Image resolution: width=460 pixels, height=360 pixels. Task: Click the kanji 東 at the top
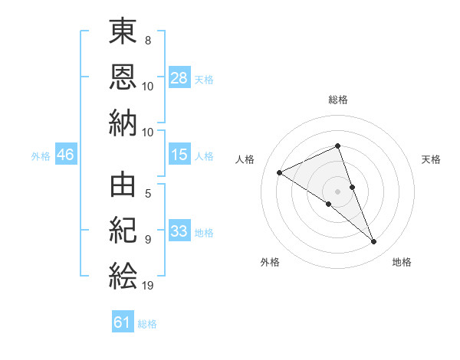(123, 31)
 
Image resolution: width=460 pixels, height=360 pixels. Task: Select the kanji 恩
(123, 77)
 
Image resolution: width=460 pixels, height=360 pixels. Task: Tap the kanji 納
(123, 123)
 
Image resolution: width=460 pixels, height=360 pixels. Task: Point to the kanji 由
(123, 185)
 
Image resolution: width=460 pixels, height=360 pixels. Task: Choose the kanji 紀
(123, 230)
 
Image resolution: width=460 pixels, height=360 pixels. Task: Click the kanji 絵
(123, 276)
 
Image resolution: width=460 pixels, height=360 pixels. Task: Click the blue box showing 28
(179, 77)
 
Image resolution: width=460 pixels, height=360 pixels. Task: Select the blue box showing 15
(179, 154)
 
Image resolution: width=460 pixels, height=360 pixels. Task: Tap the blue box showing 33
(179, 230)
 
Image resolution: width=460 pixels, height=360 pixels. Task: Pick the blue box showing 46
(66, 154)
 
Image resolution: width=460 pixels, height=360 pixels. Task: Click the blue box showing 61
(123, 321)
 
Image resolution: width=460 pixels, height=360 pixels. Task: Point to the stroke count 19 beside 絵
(147, 285)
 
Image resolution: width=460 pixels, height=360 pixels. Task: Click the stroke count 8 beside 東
(148, 40)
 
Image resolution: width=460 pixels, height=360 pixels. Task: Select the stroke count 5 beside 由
(148, 194)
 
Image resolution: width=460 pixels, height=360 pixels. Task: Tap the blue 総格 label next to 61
(147, 324)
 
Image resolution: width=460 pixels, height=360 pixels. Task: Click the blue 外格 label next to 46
(41, 156)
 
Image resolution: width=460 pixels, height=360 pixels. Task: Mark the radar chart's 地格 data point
(373, 242)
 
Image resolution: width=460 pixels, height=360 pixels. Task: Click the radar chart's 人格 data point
(280, 172)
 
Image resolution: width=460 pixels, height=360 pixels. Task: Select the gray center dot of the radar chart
(337, 191)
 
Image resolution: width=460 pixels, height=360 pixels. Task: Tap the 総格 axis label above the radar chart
(338, 100)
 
